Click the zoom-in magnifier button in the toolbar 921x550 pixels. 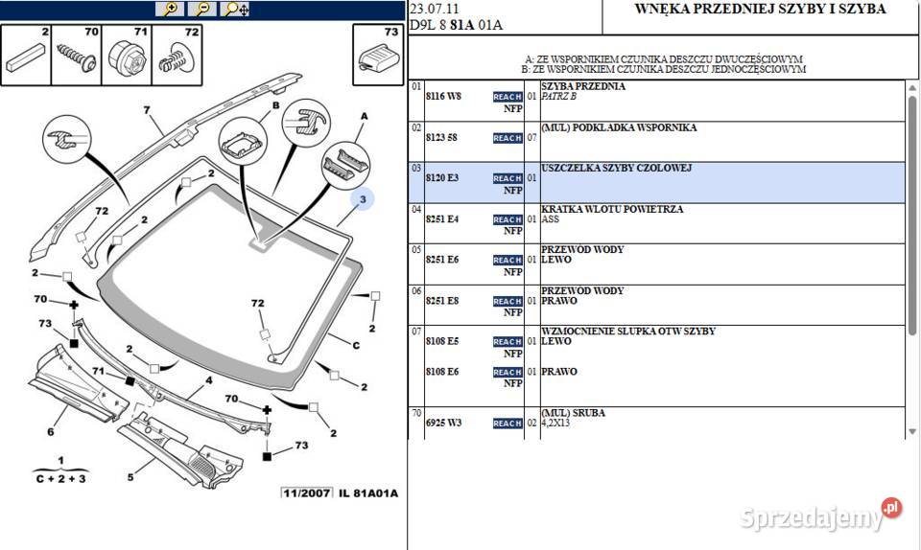click(x=171, y=9)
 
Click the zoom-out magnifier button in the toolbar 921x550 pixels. click(x=202, y=9)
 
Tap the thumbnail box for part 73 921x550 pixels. click(x=376, y=54)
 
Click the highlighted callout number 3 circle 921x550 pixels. click(x=364, y=199)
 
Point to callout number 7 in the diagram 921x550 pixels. click(x=148, y=110)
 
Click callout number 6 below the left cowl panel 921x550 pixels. click(x=50, y=431)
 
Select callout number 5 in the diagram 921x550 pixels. click(x=131, y=476)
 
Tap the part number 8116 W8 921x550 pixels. click(x=443, y=97)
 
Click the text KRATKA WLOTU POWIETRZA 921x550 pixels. click(x=600, y=209)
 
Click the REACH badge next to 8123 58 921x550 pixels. click(x=507, y=138)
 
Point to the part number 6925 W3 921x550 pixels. click(x=443, y=423)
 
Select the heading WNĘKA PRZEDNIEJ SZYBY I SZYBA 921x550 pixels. click(x=761, y=10)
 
